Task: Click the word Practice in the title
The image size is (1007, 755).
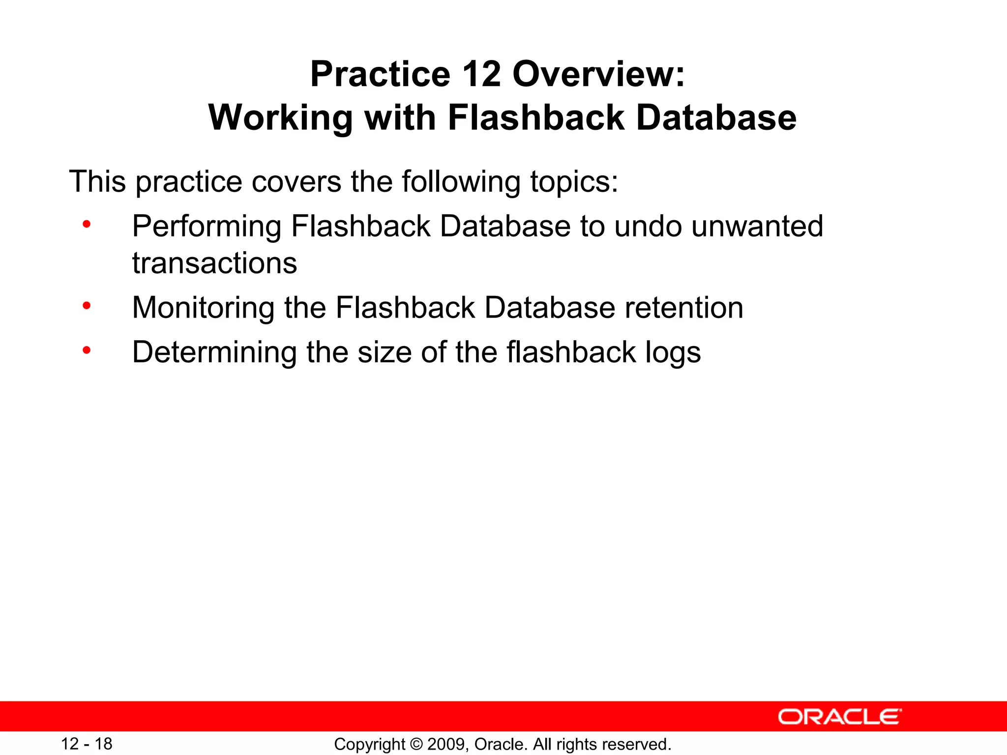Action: tap(380, 75)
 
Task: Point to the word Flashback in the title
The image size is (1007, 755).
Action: tap(536, 118)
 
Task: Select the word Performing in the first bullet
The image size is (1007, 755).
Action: tap(207, 227)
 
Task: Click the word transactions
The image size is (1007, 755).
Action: tap(214, 263)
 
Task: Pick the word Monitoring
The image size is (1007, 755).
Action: tap(203, 308)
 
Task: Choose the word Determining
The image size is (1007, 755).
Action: tap(214, 352)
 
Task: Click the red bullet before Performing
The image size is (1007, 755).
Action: tap(87, 225)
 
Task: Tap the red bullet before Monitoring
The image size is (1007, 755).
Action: tap(87, 306)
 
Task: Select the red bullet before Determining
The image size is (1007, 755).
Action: tap(87, 350)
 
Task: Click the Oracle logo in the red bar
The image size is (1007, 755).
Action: tap(839, 717)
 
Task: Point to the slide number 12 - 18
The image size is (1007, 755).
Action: tap(87, 744)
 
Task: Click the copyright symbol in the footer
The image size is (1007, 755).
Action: tap(416, 744)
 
